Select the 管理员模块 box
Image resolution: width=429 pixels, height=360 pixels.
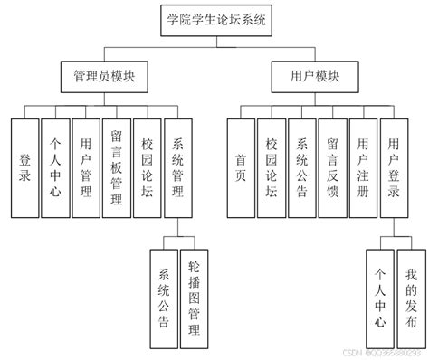click(x=104, y=78)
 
